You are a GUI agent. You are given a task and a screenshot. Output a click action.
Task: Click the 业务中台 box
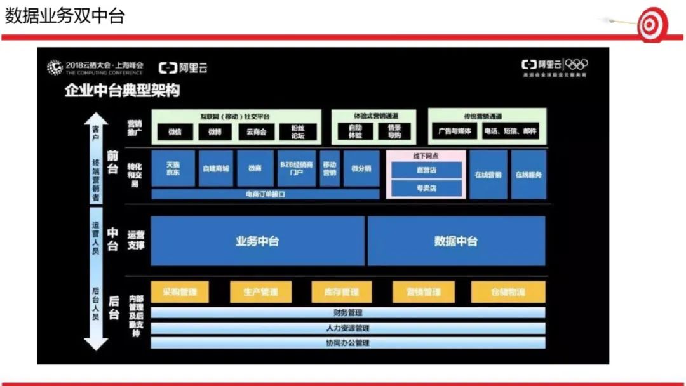point(257,241)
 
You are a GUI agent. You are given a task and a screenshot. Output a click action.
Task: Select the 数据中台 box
point(456,241)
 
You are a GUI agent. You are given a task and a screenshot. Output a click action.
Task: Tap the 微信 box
point(175,132)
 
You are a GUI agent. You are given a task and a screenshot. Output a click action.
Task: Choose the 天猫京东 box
point(173,168)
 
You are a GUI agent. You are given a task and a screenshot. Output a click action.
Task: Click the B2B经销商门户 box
point(296,168)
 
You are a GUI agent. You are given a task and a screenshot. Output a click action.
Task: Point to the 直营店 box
point(426,170)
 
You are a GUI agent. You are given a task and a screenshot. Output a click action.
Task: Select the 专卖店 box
point(426,189)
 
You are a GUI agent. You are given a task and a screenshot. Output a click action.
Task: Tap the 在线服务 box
point(528,175)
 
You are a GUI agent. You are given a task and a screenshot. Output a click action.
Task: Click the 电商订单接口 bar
point(265,194)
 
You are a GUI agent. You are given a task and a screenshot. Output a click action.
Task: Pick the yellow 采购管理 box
point(180,292)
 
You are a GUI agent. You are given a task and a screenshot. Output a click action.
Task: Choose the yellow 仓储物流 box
point(508,292)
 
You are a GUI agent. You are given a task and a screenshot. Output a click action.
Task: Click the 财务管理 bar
point(347,312)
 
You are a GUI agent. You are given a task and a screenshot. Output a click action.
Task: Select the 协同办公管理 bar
point(347,343)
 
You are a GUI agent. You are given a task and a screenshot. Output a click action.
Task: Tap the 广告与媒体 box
point(455,131)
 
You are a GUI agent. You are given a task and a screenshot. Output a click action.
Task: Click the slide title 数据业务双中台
point(65,16)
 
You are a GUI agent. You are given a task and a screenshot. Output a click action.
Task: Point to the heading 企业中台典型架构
point(122,90)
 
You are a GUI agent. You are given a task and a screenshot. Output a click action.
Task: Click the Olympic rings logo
point(576,64)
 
